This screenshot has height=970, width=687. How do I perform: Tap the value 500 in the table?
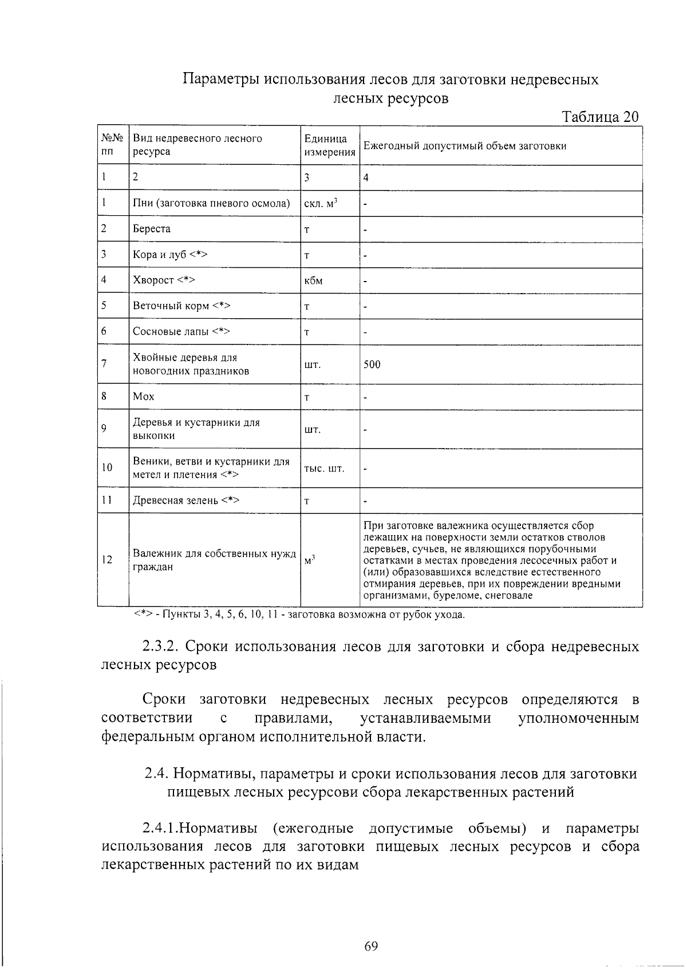(x=372, y=364)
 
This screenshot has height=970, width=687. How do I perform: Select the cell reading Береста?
(x=152, y=228)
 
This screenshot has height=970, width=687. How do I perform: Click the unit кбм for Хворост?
(x=313, y=280)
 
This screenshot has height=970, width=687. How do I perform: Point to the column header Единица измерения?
(x=329, y=145)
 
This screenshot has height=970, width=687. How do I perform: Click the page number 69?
(x=370, y=946)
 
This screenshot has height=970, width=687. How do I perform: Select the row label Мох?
(x=144, y=397)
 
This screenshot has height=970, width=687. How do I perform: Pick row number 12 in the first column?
(x=107, y=560)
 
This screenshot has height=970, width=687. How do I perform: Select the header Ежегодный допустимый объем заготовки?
(x=465, y=145)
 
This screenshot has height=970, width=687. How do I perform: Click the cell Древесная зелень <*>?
(x=185, y=500)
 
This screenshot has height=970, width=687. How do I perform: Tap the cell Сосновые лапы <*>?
(x=181, y=331)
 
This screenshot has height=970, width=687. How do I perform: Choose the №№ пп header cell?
(x=112, y=145)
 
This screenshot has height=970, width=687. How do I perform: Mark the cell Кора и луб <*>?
(x=169, y=254)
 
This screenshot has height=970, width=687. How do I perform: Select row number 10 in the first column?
(x=107, y=468)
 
